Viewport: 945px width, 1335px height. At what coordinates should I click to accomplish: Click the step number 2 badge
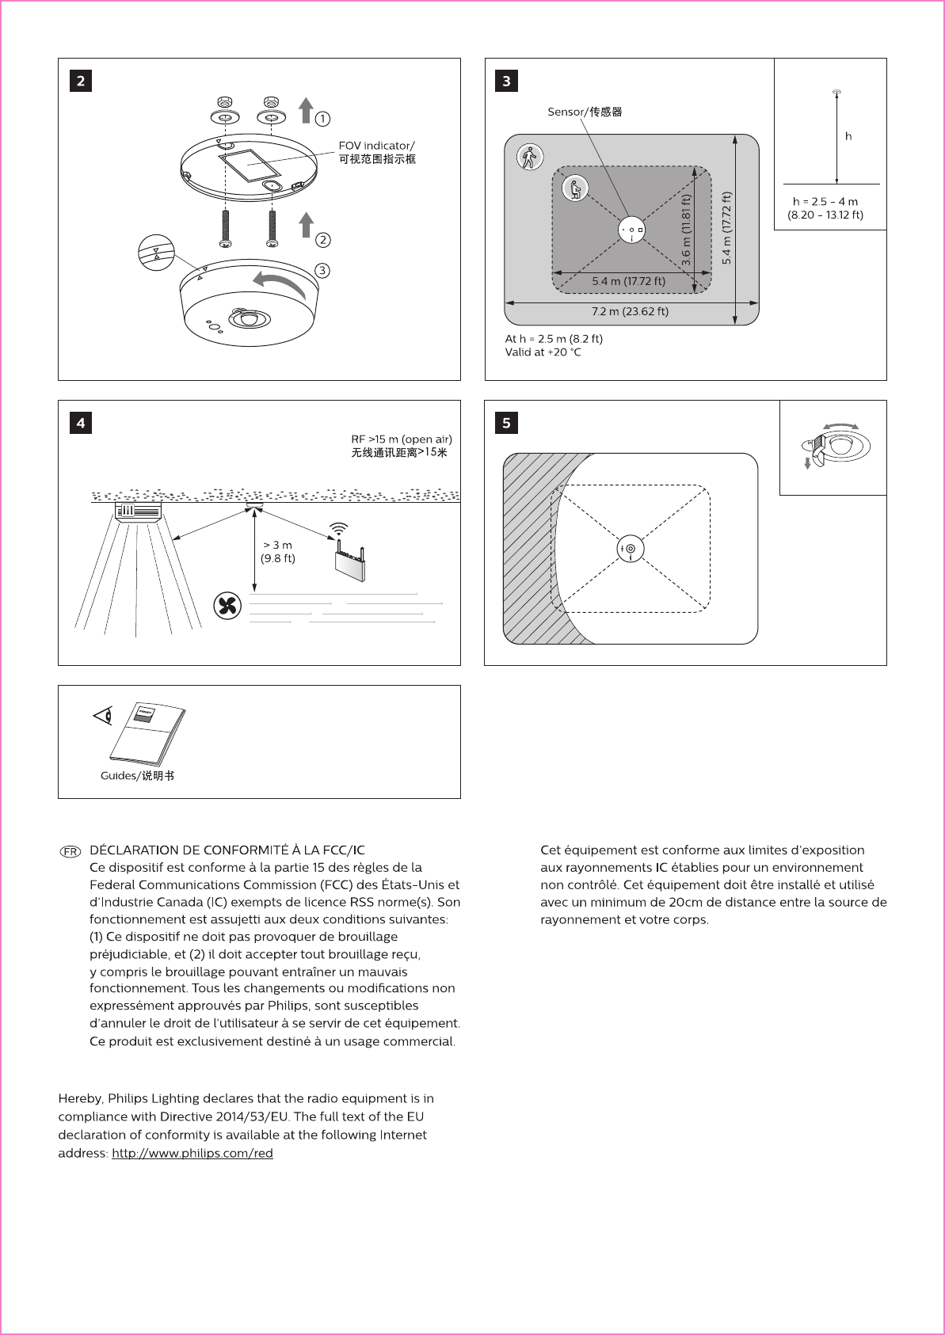(x=81, y=81)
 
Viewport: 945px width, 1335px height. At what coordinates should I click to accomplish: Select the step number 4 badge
(x=81, y=423)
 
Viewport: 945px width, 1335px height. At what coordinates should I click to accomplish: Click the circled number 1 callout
(x=322, y=119)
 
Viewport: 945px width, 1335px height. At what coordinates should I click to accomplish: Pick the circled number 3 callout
(x=322, y=271)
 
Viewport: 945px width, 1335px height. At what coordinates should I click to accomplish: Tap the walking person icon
(x=528, y=158)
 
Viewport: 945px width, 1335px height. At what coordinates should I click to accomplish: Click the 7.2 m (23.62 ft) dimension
(x=630, y=311)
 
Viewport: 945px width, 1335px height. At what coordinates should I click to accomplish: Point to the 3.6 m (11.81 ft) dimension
(x=686, y=230)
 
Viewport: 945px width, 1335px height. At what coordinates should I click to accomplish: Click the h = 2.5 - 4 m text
(x=825, y=202)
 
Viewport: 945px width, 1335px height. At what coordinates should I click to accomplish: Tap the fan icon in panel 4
(x=228, y=607)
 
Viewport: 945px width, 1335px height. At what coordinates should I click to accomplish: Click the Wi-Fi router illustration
(x=349, y=558)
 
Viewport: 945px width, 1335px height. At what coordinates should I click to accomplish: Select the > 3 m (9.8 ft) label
(x=277, y=551)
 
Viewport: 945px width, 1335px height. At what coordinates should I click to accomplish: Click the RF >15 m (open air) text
(x=402, y=439)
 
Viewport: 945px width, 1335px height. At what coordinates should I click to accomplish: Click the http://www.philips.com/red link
(x=192, y=1153)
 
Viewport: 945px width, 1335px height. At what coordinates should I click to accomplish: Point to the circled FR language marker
(x=70, y=851)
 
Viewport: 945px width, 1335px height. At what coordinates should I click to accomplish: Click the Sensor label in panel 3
(x=585, y=112)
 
